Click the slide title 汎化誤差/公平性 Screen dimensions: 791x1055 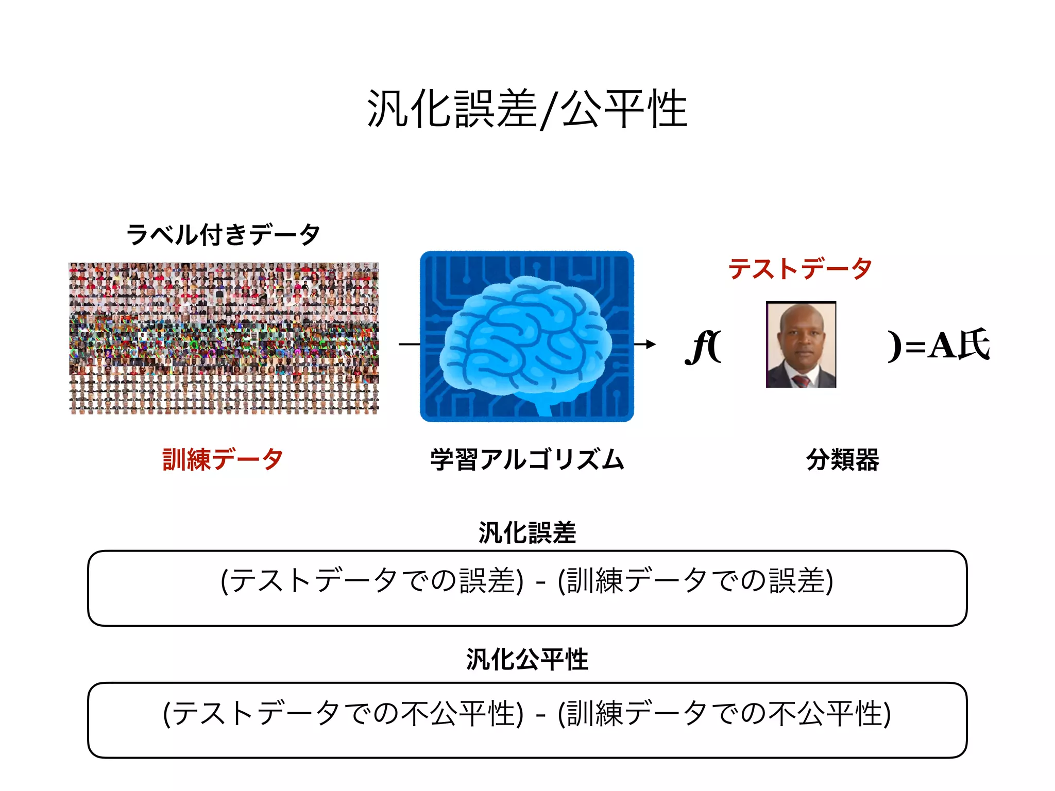[526, 109]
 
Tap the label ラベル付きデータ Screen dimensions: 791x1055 [223, 235]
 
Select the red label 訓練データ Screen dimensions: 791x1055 [223, 459]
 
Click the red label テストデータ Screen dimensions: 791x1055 [799, 268]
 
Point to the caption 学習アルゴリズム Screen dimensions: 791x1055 [527, 459]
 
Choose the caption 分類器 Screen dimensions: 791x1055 [843, 459]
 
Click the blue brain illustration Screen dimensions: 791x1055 [526, 340]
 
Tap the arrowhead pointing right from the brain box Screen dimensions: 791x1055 [651, 344]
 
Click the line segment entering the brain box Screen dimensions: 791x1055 [409, 344]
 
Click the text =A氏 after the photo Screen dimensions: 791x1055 [947, 345]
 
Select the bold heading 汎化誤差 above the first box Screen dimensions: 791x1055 [527, 532]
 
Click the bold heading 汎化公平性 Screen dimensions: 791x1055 [527, 659]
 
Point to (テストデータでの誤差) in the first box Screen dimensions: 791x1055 [372, 581]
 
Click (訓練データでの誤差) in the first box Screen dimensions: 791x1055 [695, 581]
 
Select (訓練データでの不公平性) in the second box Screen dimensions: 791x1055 [724, 714]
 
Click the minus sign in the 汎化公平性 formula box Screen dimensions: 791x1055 [540, 715]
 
